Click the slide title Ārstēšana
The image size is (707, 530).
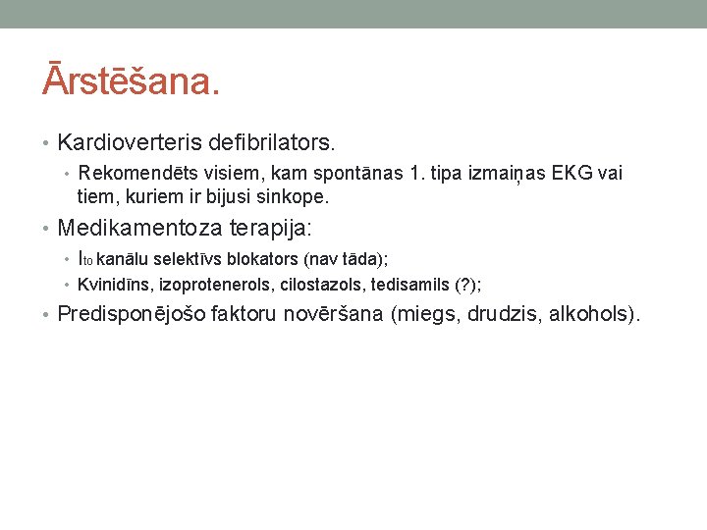(131, 80)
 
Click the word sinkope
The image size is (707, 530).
(294, 197)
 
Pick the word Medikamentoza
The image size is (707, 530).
(140, 229)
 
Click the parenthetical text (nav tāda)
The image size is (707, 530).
(346, 260)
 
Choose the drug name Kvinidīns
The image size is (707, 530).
(115, 285)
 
